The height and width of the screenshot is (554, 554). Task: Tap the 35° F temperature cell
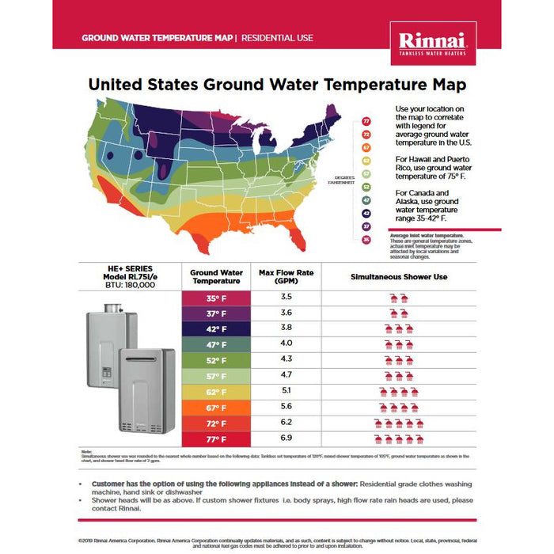point(216,298)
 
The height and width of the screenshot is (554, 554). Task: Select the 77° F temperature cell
point(216,439)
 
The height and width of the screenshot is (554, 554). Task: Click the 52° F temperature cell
point(216,359)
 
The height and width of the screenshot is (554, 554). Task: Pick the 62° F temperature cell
point(216,392)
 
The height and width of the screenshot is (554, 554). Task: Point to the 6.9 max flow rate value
point(286,438)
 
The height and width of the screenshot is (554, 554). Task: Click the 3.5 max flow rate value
point(286,297)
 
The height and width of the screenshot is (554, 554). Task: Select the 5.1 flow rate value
point(286,390)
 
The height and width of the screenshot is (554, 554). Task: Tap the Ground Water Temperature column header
point(216,276)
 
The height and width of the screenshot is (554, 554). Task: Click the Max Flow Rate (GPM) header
point(286,276)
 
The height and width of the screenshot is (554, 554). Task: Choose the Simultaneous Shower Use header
point(399,276)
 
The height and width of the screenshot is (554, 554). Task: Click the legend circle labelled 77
point(366,121)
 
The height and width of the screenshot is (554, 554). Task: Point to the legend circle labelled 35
point(366,240)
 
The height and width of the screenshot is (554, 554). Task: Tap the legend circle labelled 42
point(366,213)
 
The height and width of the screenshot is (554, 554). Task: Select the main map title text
point(277,84)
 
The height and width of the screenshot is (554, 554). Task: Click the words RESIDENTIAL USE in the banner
point(277,37)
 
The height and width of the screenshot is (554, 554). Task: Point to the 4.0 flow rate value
point(286,343)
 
